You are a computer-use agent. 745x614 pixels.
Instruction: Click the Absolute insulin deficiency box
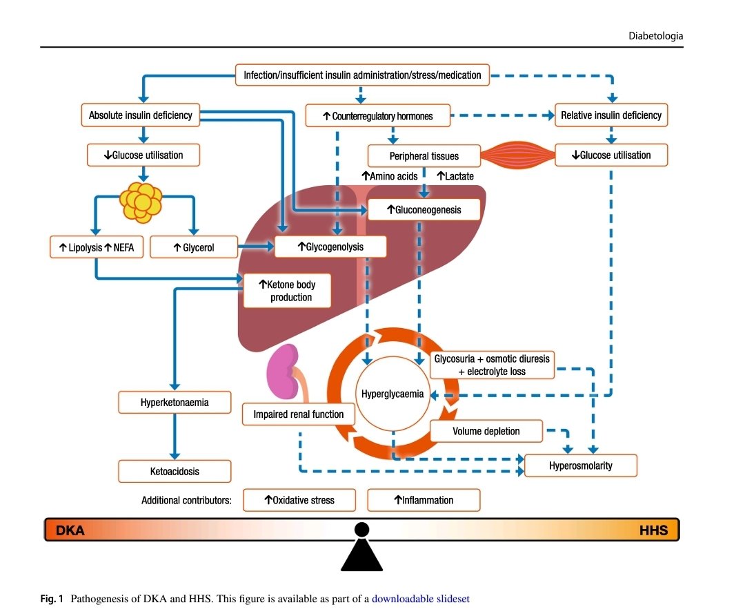pos(141,115)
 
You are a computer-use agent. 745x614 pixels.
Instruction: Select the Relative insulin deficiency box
pos(611,115)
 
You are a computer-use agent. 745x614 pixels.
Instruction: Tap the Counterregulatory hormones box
pos(378,116)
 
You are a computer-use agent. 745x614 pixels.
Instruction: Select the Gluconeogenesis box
pos(424,209)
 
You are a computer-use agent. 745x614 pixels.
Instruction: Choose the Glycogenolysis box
pos(330,246)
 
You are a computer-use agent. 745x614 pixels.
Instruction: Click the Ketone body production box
pos(286,290)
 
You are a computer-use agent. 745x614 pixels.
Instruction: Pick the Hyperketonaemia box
pos(175,402)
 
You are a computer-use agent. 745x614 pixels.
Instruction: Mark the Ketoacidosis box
pos(175,472)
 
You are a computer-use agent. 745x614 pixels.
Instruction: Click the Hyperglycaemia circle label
pos(393,394)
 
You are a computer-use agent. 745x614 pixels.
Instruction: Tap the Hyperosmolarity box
pos(581,466)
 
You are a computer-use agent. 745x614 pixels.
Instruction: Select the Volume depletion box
pos(486,432)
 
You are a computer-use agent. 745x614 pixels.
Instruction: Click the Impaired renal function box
pos(298,414)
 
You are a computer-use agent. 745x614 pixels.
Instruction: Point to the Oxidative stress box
pos(299,500)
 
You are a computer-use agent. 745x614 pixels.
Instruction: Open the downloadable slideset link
pos(420,599)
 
